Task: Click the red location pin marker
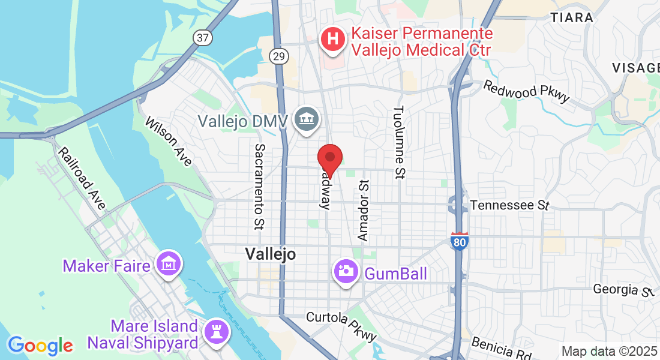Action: pos(329,158)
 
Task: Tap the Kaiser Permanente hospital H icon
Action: pos(334,40)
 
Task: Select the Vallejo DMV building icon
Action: pos(307,120)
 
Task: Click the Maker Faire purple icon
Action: pos(169,263)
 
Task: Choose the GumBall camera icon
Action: pos(345,271)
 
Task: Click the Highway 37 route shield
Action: pos(203,37)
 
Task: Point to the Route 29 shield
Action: pos(279,56)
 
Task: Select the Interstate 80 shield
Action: pos(459,241)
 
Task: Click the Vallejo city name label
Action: pos(270,254)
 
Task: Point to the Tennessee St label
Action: pos(510,205)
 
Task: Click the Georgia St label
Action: pos(622,290)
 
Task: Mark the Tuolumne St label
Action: pos(399,142)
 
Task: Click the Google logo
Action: pos(40,346)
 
